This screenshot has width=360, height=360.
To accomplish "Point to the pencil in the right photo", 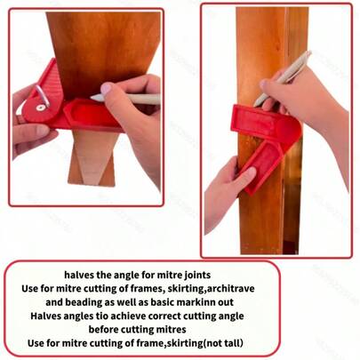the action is [283, 79].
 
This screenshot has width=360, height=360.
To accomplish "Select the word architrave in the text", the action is [230, 288].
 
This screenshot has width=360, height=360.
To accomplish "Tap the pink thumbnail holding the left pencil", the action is [106, 88].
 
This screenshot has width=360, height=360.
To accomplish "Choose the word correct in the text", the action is [164, 316].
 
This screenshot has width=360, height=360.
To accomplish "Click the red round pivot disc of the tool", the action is [41, 109].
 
